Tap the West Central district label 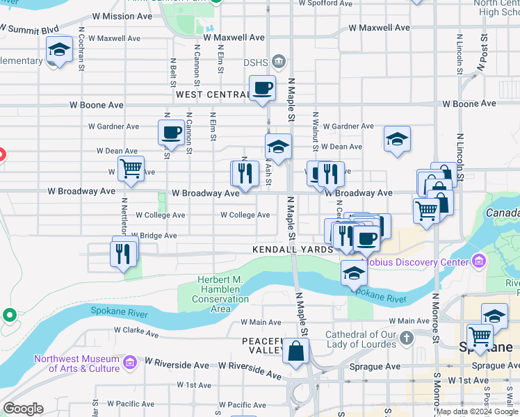[x=212, y=94]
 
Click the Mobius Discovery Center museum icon [x=478, y=262]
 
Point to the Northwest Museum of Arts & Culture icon [x=129, y=362]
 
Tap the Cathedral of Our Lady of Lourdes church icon [x=407, y=338]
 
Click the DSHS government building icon [x=279, y=62]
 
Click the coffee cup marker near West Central [x=262, y=89]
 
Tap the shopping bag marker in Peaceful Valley [x=295, y=350]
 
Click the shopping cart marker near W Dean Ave [x=131, y=168]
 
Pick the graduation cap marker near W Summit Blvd [x=60, y=49]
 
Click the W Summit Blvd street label [x=29, y=30]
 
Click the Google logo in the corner [x=23, y=409]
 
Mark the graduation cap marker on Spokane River [x=354, y=273]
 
